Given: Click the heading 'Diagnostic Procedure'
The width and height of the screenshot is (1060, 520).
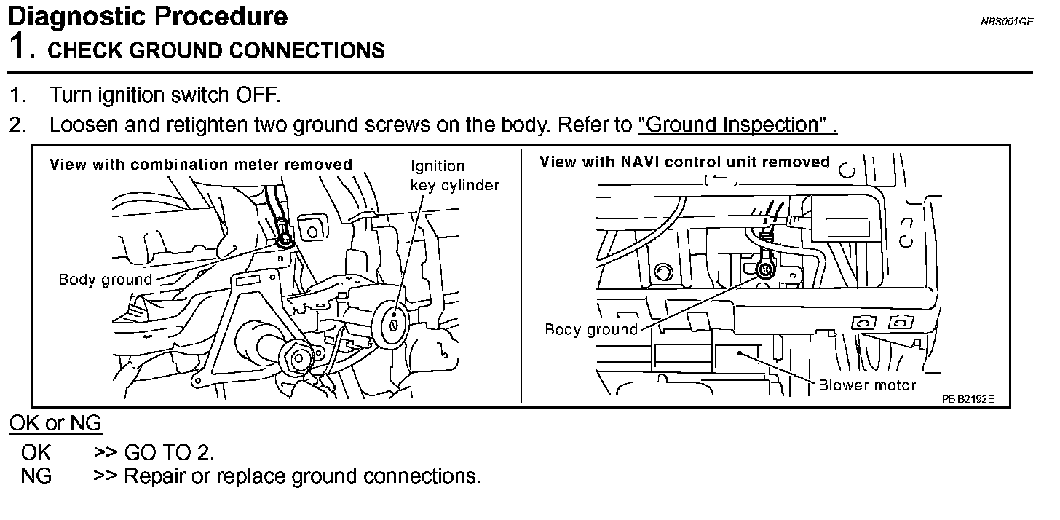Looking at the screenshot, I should [x=147, y=16].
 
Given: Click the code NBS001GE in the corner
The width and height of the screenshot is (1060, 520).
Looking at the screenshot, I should [x=1006, y=22].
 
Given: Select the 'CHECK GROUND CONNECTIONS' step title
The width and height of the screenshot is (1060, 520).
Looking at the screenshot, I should [x=216, y=50].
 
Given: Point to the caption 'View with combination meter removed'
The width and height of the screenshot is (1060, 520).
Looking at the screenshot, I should [x=200, y=165].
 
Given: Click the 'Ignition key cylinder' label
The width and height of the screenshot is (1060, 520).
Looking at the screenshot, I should [x=454, y=176].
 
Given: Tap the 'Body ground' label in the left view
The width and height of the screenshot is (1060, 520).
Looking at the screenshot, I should [x=106, y=280].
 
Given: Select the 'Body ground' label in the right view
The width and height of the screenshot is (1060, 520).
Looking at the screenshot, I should [x=590, y=330].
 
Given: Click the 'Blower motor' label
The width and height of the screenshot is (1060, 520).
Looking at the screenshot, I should [x=867, y=385].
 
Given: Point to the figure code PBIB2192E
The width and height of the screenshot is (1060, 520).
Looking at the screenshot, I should [x=968, y=399].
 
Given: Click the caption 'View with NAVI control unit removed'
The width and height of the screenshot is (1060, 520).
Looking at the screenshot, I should [x=684, y=162].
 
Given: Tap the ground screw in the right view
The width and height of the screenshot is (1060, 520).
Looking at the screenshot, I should [x=765, y=270].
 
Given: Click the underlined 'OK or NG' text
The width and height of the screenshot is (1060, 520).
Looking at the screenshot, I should [x=55, y=423].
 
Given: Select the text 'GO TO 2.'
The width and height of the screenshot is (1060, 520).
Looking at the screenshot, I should [x=169, y=452].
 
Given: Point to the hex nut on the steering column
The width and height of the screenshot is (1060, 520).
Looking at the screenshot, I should [x=298, y=356].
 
